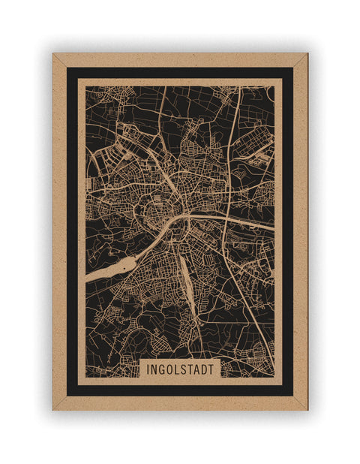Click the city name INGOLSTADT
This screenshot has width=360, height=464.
(180, 369)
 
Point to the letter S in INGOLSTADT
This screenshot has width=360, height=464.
(185, 369)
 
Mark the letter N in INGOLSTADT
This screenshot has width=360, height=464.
(151, 369)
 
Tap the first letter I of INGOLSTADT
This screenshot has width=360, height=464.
(145, 369)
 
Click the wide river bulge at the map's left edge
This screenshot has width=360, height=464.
(120, 267)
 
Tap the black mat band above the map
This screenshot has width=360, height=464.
(180, 73)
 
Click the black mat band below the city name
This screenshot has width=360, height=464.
(180, 390)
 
